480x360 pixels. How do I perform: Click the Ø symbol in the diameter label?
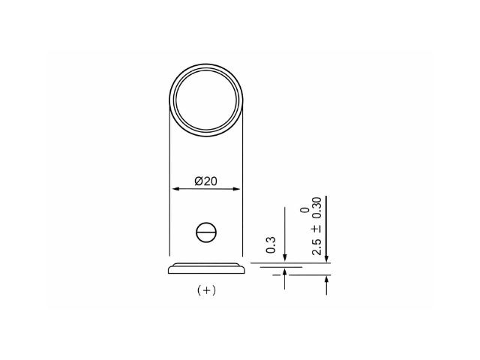point(198,181)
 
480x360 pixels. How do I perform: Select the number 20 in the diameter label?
point(210,181)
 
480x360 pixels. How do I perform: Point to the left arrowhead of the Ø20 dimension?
point(175,189)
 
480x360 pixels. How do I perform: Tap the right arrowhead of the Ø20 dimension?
point(236,189)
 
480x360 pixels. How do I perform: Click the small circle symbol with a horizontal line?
point(206,232)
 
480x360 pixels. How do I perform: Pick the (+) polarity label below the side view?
point(207,290)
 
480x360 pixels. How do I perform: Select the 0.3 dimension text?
point(271,245)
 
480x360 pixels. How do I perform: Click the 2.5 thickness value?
point(316,247)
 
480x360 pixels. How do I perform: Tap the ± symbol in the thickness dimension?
point(316,229)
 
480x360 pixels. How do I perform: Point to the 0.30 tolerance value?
point(316,208)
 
